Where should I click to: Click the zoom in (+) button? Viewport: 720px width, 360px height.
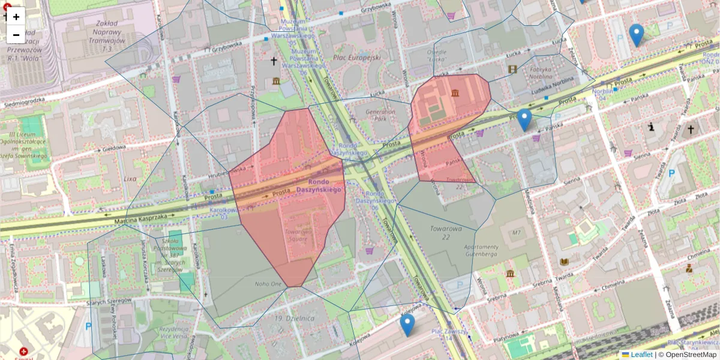tap(16, 17)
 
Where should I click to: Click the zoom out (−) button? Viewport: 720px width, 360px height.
tap(16, 35)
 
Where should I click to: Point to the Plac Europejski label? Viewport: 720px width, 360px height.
tap(357, 58)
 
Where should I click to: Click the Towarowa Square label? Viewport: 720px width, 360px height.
tap(296, 235)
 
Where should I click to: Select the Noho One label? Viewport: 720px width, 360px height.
tap(268, 284)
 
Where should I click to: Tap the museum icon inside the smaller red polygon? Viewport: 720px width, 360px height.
tap(455, 93)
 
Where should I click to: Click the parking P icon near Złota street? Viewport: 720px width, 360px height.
tap(671, 174)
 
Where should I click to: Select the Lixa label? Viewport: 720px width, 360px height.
tap(130, 179)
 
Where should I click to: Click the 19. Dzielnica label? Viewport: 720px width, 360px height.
tap(287, 317)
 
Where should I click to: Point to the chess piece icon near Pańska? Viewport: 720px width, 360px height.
tap(652, 127)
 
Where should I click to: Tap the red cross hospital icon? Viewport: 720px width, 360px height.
tap(23, 352)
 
